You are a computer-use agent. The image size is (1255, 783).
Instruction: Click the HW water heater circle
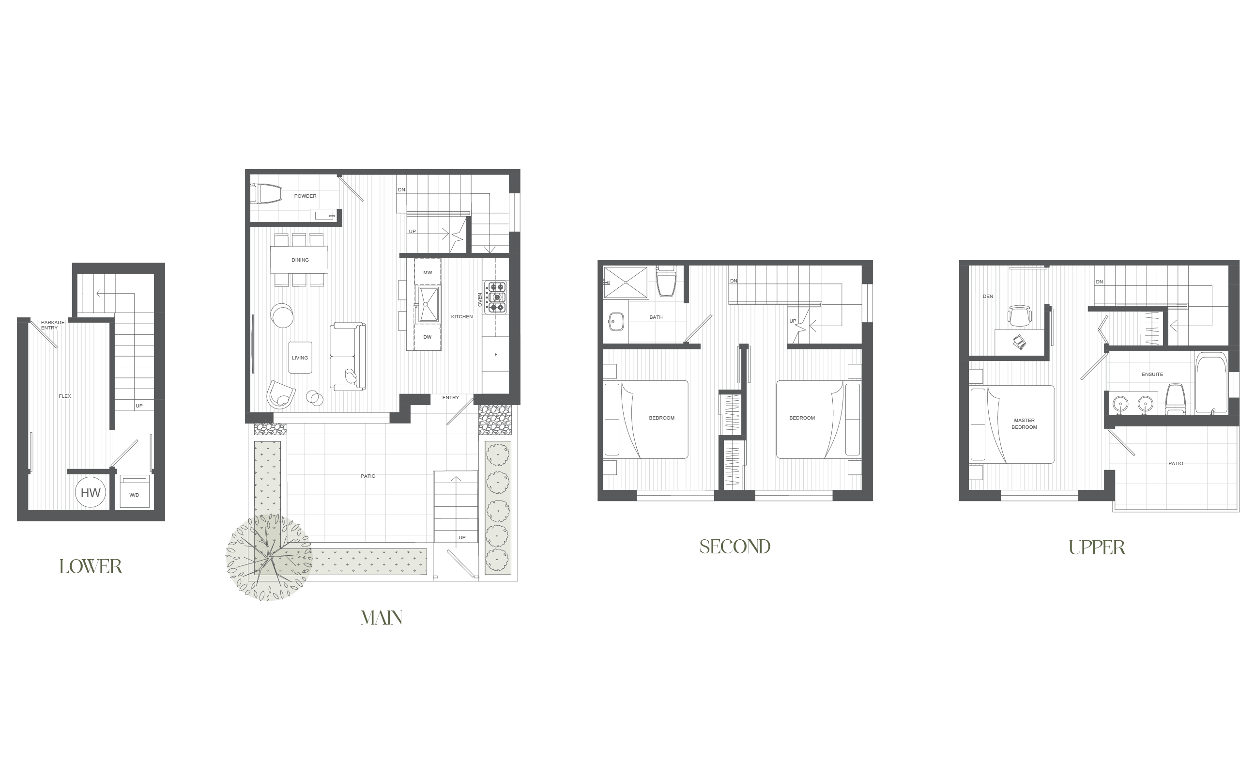(91, 492)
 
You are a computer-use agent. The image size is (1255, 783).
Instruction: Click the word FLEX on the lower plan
(65, 396)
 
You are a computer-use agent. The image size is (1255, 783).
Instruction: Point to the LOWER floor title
(91, 566)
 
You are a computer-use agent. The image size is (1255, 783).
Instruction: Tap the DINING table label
(300, 260)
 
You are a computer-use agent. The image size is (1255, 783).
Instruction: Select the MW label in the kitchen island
(428, 272)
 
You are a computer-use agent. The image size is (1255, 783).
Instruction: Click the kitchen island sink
(429, 304)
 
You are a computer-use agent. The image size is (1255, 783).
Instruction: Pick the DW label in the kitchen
(428, 337)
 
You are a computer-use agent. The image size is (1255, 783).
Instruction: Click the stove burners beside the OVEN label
(496, 297)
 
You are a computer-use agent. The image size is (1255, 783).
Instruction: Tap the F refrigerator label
(496, 355)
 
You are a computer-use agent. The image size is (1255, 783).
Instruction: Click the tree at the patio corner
(269, 557)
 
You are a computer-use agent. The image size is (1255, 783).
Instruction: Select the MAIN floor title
(382, 618)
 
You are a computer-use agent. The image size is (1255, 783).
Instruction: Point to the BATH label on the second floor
(656, 317)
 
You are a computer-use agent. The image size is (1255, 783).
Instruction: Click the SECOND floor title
(735, 547)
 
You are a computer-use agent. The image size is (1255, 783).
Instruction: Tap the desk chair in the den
(1020, 316)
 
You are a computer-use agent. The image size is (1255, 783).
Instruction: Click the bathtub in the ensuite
(1211, 383)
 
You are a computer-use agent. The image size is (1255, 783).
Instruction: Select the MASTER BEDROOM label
(1025, 423)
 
